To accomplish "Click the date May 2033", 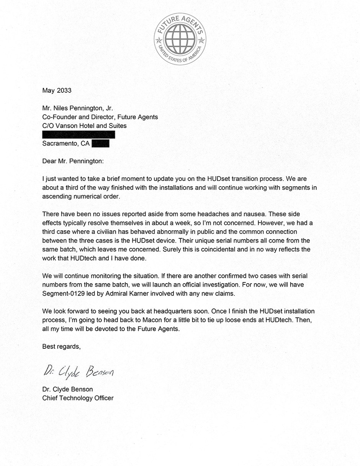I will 57,90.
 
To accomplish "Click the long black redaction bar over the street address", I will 79,135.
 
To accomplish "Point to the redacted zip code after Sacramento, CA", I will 101,143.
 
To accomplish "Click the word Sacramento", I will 60,144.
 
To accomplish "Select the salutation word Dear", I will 49,161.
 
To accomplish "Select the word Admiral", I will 114,294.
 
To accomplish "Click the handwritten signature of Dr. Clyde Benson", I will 79,371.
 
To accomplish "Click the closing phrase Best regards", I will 61,346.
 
